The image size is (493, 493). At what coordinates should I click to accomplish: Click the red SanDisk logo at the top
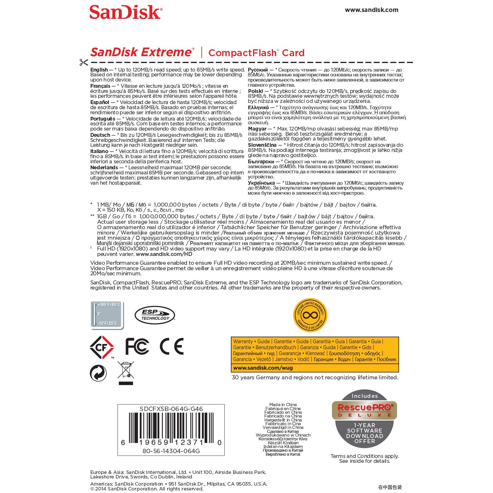coord(126,12)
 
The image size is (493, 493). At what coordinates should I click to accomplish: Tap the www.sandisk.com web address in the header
coord(371,10)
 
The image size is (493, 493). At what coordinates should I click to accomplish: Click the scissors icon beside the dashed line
coord(84,62)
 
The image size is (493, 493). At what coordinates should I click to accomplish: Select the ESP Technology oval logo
coord(155,315)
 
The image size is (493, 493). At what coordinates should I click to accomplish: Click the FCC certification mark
coord(137,347)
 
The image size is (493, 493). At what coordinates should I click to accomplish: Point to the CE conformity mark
coord(172,347)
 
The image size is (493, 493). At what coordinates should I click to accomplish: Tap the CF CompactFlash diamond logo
coord(102,347)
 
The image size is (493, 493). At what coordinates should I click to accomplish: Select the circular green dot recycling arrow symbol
coord(98,373)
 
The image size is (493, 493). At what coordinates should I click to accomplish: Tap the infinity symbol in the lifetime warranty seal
coord(310,315)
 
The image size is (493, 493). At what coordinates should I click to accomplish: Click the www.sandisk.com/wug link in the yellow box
coord(263,368)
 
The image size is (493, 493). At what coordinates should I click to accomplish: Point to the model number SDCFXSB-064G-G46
coord(171,409)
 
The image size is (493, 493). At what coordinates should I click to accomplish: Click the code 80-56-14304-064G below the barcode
coord(171,451)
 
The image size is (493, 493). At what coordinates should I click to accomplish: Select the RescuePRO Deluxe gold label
coord(364,411)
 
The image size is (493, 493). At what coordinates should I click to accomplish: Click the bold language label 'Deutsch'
coord(100,135)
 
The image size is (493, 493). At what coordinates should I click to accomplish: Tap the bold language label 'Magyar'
coord(257,129)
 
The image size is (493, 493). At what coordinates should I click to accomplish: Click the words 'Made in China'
coord(283,405)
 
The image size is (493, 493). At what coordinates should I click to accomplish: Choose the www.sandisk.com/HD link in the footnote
coord(164,254)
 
